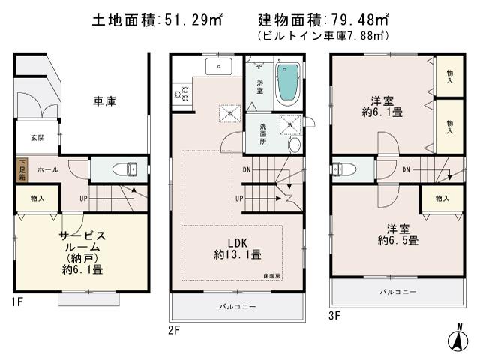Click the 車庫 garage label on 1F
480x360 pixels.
(105, 102)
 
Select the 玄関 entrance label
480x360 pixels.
(37, 138)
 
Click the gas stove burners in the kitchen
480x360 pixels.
(181, 94)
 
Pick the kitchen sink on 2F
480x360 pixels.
(219, 67)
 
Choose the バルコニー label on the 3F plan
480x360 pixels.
(398, 290)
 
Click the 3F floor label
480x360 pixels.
(334, 315)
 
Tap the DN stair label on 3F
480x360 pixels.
(405, 170)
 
